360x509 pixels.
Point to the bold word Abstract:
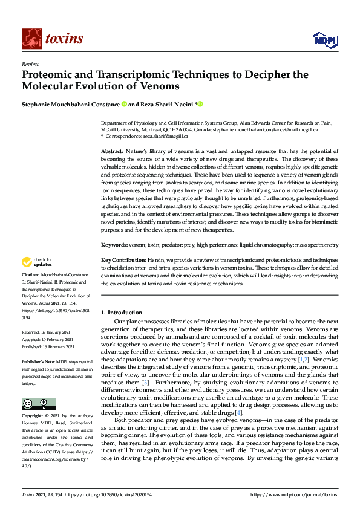coord(112,151)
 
